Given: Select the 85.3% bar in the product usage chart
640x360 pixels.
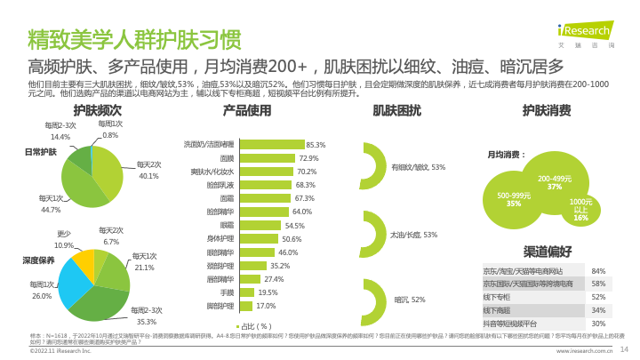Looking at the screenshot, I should click(270, 144).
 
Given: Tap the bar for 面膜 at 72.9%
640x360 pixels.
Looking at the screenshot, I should click(265, 157).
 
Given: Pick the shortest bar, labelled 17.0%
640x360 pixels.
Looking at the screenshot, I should click(244, 305).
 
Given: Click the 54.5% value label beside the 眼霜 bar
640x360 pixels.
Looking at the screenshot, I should click(295, 226).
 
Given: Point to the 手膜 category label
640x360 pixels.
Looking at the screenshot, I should click(226, 292).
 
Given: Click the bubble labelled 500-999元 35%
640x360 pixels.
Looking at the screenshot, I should click(514, 199).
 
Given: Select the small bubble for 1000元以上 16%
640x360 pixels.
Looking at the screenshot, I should click(580, 208).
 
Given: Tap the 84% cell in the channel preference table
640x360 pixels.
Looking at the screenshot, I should click(598, 270).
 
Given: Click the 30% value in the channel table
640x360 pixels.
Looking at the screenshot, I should click(598, 324).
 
